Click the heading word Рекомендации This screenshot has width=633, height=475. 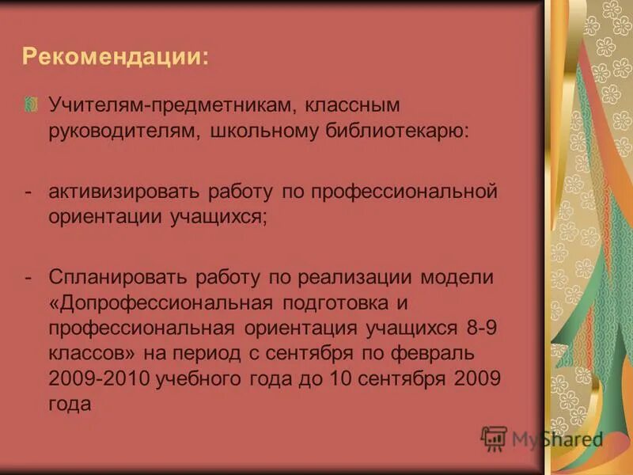click(x=115, y=58)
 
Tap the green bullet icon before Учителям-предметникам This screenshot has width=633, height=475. click(x=31, y=104)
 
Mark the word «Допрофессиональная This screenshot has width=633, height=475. click(x=158, y=303)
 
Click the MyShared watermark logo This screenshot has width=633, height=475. click(x=542, y=438)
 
